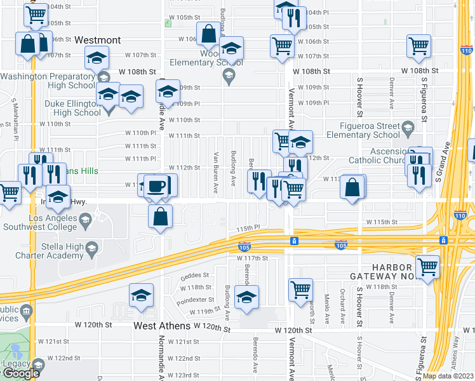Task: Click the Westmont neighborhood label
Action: [98, 40]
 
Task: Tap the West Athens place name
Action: [162, 326]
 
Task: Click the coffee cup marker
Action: [156, 185]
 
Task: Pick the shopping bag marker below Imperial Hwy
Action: [161, 216]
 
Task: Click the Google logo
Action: [20, 373]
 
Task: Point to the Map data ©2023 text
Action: [448, 376]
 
